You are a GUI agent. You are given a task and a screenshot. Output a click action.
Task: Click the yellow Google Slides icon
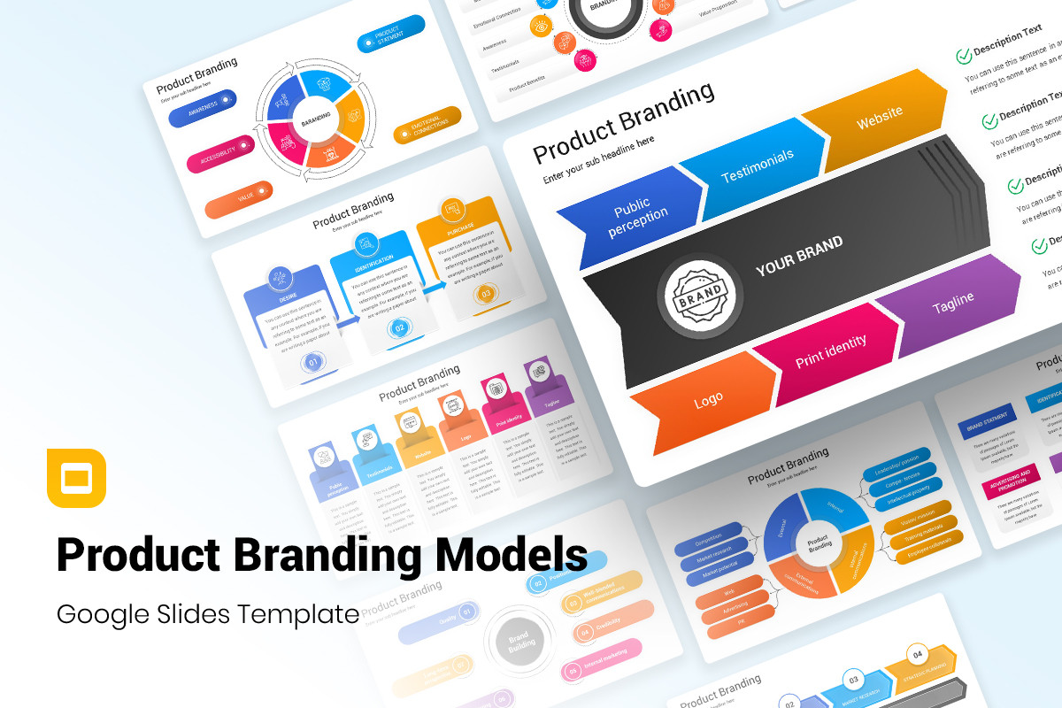click(76, 479)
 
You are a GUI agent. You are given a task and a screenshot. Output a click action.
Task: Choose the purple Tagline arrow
click(952, 302)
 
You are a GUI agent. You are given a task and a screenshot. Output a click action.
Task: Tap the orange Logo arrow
click(708, 401)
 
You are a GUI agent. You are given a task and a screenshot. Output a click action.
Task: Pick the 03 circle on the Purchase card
click(485, 293)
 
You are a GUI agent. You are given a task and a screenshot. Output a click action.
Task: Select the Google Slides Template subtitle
click(208, 613)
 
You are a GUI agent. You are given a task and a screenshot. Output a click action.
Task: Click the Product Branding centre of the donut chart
click(819, 543)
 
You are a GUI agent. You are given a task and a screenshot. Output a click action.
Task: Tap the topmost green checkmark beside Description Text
click(964, 56)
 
